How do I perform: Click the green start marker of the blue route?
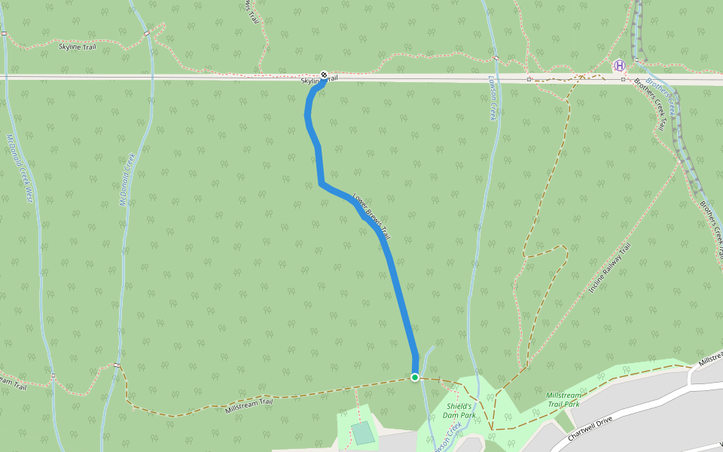point(415,377)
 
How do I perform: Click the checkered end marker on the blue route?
point(323,75)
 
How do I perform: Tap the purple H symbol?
point(620,66)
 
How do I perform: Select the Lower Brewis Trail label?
point(371,212)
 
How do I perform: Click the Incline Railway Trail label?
point(609,269)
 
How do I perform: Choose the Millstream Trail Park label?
point(563,399)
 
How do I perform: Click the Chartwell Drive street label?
point(593,428)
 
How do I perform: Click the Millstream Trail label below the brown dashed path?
point(249,407)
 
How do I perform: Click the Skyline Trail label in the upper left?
point(78,47)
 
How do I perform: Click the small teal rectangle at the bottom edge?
point(362,433)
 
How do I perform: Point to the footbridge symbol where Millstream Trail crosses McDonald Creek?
point(117,365)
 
